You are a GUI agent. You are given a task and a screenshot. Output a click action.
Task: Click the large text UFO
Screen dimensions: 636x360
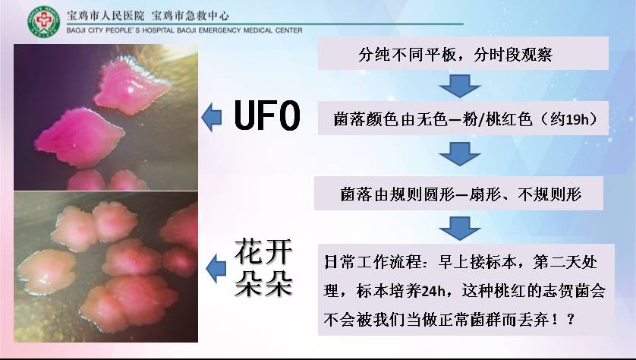[267, 116]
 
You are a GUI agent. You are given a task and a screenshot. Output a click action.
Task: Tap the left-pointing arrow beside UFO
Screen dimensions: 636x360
[212, 117]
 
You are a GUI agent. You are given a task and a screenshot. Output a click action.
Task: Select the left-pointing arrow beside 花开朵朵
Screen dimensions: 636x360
[216, 269]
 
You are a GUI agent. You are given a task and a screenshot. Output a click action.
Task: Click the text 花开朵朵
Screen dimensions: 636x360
[263, 267]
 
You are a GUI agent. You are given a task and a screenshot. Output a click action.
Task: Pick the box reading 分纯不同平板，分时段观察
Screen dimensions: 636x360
[463, 53]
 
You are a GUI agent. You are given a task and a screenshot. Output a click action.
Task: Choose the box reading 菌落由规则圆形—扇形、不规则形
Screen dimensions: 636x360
[458, 193]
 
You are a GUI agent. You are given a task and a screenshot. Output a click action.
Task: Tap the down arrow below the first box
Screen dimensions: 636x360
[460, 86]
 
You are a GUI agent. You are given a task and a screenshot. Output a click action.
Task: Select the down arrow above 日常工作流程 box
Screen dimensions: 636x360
[460, 228]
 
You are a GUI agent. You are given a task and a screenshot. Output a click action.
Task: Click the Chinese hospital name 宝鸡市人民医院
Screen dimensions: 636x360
[105, 16]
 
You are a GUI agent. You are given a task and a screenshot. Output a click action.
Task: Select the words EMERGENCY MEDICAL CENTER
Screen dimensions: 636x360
[250, 30]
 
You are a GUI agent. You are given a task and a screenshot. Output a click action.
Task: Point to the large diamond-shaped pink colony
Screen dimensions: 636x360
[80, 137]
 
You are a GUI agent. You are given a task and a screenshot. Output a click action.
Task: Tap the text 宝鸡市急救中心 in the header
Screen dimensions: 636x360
[190, 16]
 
